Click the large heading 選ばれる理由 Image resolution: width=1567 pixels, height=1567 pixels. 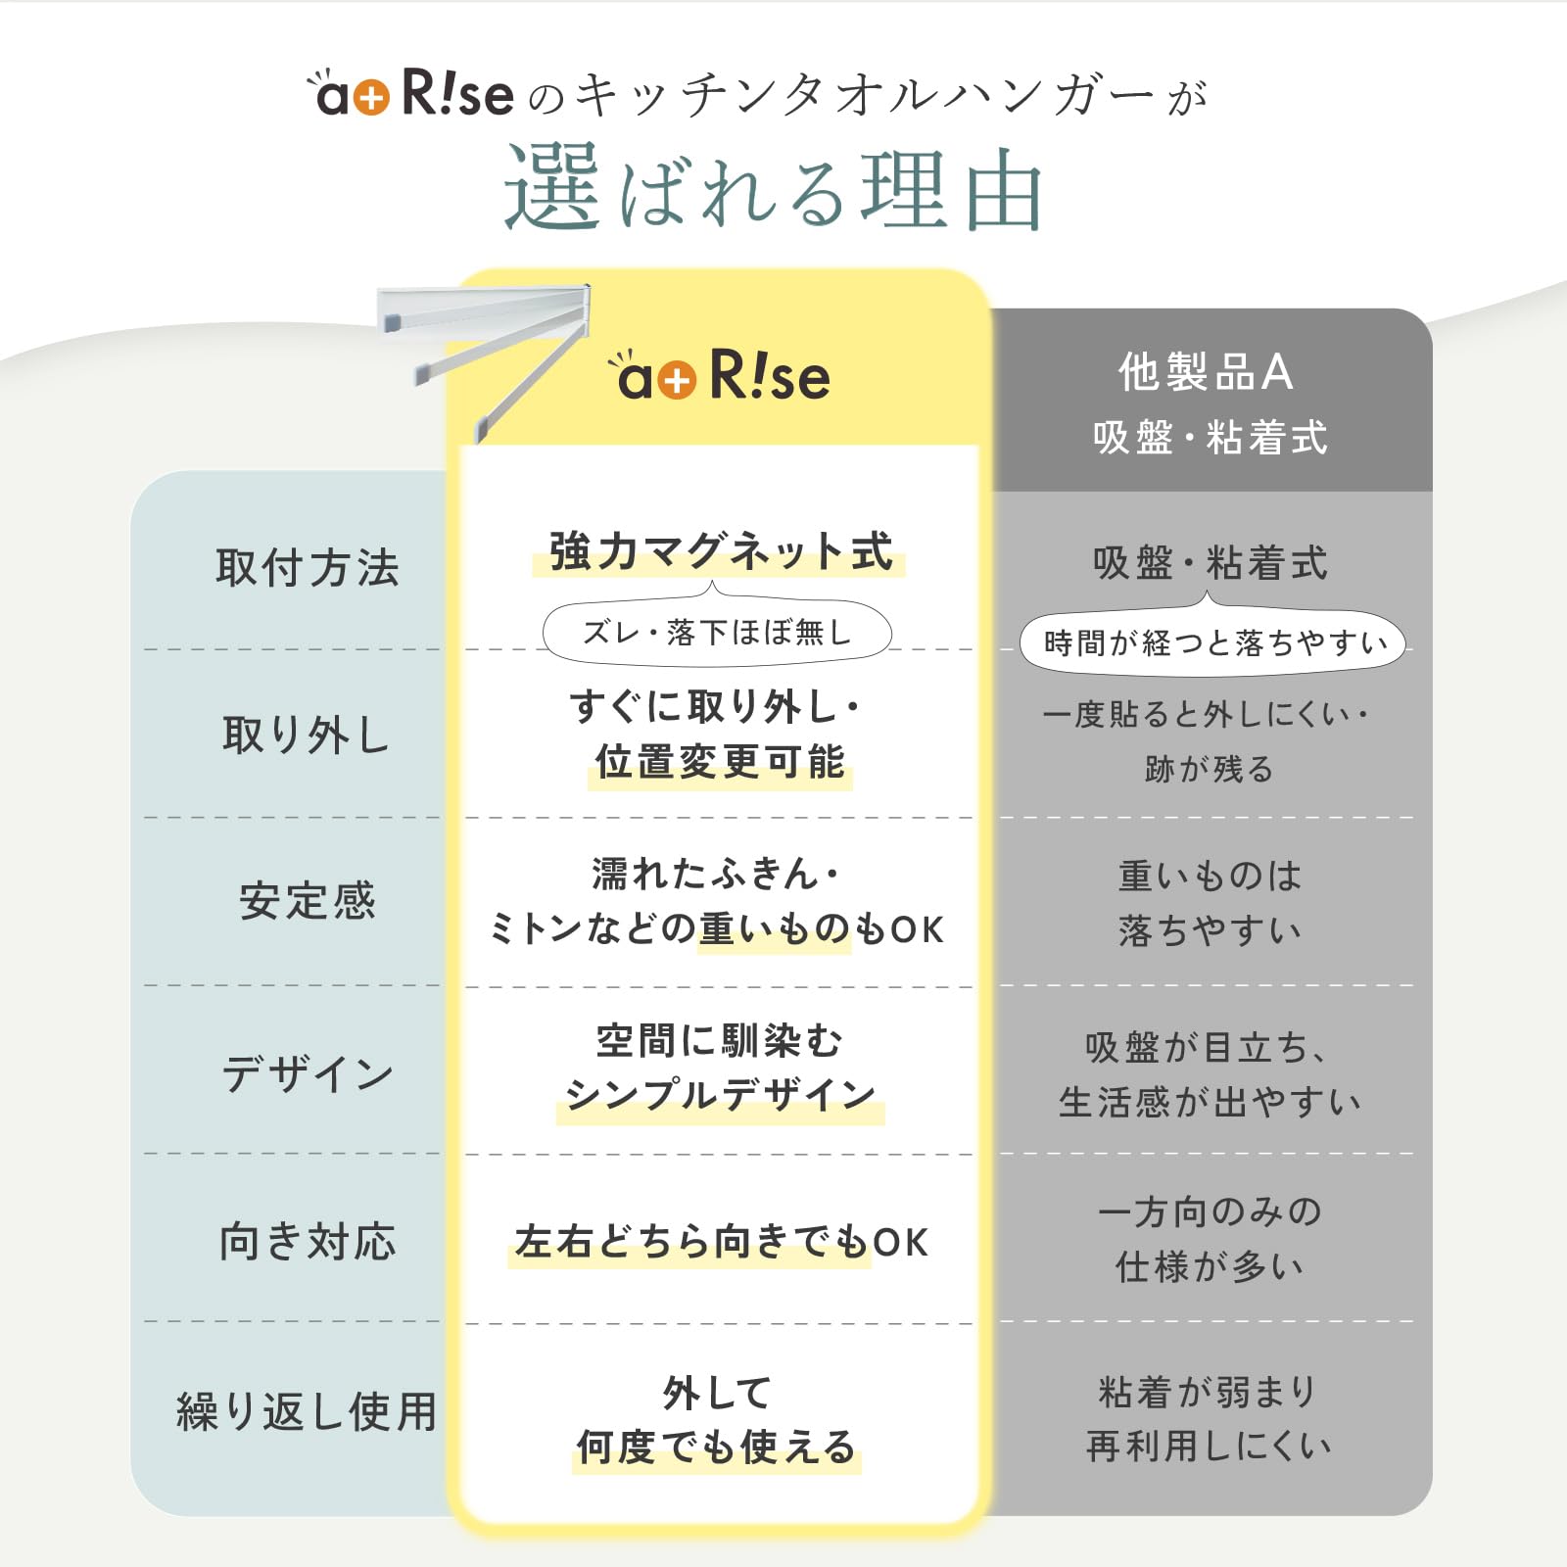point(774,190)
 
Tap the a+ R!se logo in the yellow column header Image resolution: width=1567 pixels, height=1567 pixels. point(723,377)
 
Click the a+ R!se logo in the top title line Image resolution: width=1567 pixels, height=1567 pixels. point(412,94)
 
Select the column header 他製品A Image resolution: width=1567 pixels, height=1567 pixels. point(1206,373)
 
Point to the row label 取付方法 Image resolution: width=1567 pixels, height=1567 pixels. point(308,567)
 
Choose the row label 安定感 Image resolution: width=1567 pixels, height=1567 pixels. point(308,901)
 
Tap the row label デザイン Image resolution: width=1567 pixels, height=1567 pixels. point(308,1072)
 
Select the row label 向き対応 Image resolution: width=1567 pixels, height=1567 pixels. point(308,1242)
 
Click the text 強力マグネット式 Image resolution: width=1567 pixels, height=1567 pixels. point(720,552)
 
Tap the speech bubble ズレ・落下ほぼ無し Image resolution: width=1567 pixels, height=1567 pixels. point(717,633)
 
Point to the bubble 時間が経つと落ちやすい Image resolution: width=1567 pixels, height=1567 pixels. point(1213,643)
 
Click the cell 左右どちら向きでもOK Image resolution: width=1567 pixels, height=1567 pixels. point(720,1242)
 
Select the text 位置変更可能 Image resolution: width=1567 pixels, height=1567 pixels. point(720,762)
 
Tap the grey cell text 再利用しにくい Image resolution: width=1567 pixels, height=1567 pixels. point(1210,1447)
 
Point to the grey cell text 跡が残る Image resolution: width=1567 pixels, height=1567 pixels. point(1210,770)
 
